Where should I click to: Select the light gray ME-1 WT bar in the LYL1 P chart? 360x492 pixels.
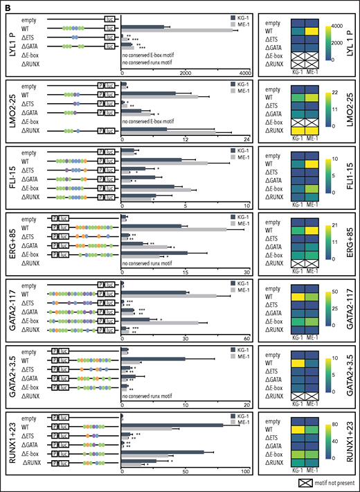(x=183, y=30)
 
